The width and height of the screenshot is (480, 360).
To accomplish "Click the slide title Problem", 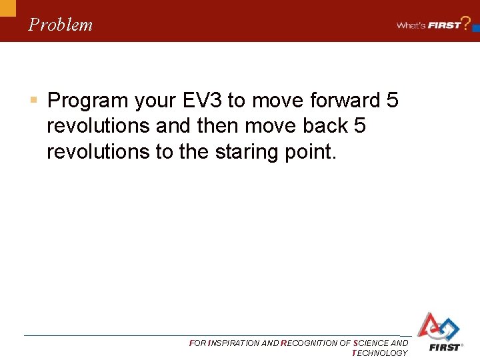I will click(x=61, y=25).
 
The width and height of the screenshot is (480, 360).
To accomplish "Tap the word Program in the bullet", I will click(x=87, y=101).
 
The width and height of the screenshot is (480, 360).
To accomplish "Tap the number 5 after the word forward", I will click(x=392, y=101).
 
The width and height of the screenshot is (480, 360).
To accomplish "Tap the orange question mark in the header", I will click(x=467, y=22).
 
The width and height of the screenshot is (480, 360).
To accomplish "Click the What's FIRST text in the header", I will click(x=429, y=25).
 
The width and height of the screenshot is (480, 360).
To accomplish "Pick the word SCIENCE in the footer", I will click(x=371, y=343).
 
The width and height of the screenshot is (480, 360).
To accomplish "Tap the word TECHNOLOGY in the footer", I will click(x=379, y=353).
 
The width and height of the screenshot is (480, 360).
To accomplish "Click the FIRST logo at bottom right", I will click(x=439, y=332).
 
